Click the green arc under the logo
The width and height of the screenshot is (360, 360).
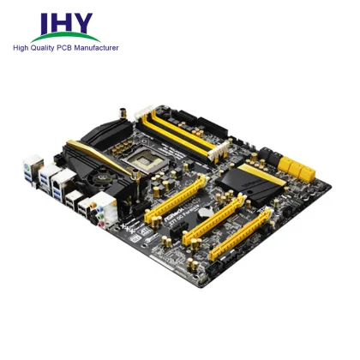coord(65,39)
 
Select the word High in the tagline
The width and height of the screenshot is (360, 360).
coord(23,48)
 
